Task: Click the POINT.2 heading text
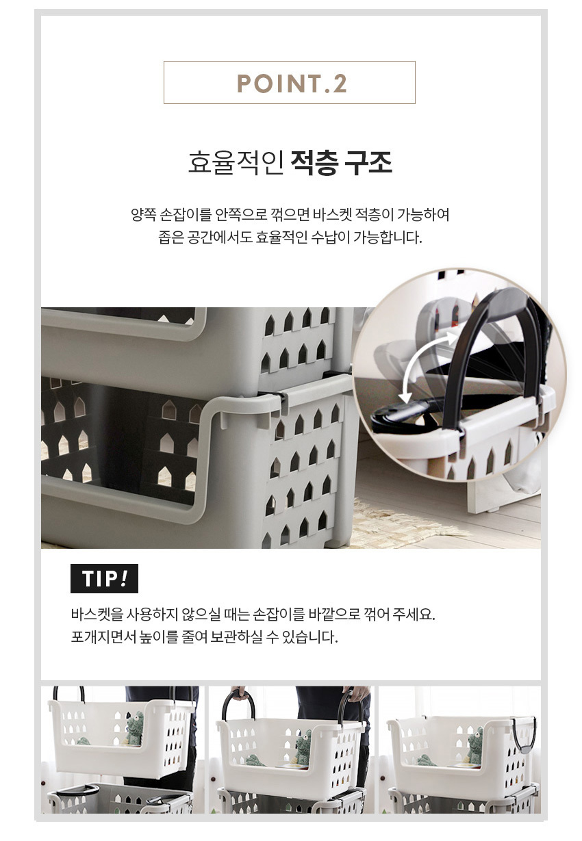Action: point(291,83)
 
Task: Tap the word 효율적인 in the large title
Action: point(236,162)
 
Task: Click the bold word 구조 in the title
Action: point(369,162)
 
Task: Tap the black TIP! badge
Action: point(104,578)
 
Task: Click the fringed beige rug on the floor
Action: point(406,520)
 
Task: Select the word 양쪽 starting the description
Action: point(143,215)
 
